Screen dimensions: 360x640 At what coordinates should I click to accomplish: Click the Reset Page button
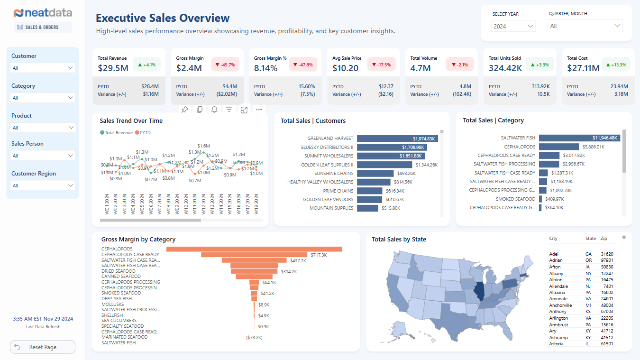43,347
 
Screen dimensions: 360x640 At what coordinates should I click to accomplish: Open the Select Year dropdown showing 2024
514,26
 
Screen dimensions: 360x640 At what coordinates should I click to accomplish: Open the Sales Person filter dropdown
43,156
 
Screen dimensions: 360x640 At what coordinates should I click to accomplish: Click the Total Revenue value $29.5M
113,68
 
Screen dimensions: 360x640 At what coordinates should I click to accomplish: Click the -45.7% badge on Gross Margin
225,65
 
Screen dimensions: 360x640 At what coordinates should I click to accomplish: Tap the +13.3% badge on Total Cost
616,65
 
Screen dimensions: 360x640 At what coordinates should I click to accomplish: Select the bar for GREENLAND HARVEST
397,138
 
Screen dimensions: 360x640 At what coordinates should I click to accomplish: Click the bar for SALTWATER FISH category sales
579,138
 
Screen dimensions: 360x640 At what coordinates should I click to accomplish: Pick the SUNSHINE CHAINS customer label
334,173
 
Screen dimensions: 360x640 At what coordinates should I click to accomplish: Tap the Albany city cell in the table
556,274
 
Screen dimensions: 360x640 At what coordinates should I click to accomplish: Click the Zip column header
603,239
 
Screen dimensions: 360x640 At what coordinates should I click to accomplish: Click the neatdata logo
43,13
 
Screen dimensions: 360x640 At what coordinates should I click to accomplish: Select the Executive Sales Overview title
163,18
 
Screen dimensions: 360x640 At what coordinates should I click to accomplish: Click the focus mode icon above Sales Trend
244,110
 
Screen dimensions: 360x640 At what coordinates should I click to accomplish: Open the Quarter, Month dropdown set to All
585,26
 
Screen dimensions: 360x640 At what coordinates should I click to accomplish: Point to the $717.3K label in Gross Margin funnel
319,255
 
